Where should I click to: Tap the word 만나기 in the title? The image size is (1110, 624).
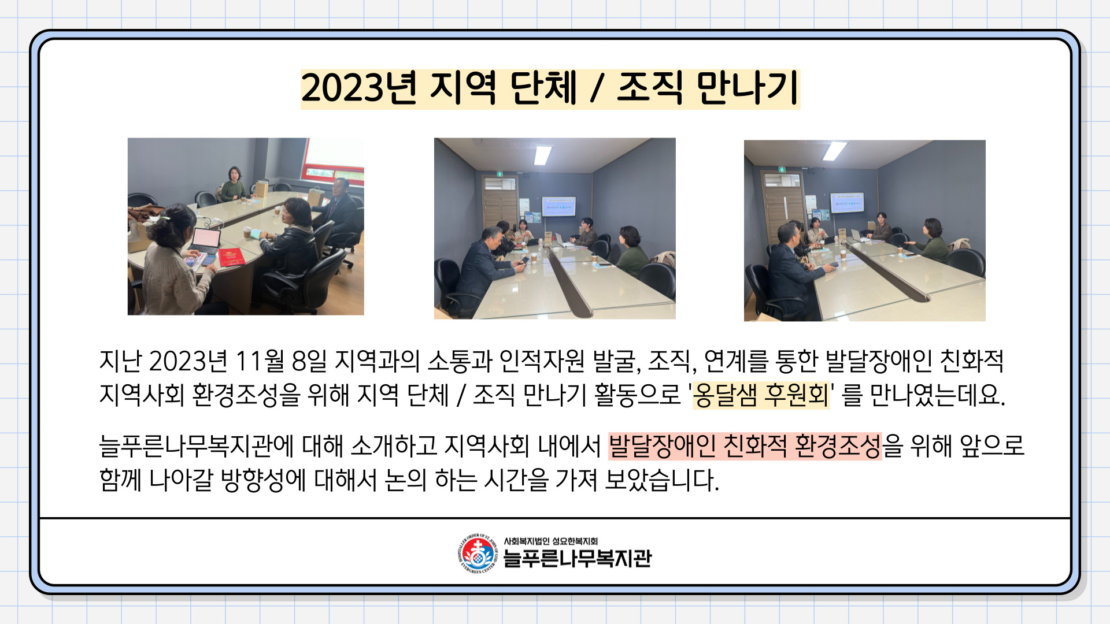tap(748, 88)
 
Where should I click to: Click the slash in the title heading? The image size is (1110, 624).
tap(597, 89)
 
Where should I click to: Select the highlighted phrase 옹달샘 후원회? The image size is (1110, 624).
tap(761, 395)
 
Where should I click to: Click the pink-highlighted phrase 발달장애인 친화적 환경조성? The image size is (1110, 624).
tap(745, 446)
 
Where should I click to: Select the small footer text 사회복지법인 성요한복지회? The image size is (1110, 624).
tap(550, 541)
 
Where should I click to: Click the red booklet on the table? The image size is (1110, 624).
tap(231, 257)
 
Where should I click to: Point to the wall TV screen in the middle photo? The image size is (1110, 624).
tap(558, 207)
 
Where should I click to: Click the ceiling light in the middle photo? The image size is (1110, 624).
tap(543, 155)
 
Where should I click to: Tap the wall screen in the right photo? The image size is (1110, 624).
tap(847, 203)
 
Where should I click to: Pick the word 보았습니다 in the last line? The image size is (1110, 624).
tap(662, 480)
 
